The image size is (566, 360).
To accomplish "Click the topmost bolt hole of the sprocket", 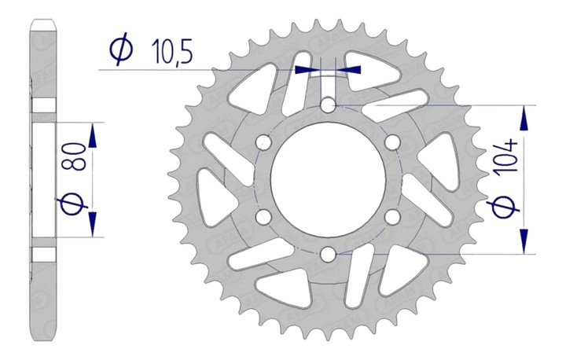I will click(x=329, y=105).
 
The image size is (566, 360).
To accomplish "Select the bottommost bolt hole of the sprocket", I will click(x=329, y=253).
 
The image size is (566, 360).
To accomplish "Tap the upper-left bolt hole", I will click(x=264, y=142).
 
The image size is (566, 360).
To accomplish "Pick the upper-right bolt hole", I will click(x=392, y=142).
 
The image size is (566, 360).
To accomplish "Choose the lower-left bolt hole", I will click(x=264, y=216).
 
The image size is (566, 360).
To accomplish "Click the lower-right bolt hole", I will click(x=392, y=216).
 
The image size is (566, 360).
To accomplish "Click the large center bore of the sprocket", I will click(x=329, y=179).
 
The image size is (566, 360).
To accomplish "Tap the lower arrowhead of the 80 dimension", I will click(x=94, y=222).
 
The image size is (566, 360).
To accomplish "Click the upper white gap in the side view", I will click(x=43, y=105).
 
